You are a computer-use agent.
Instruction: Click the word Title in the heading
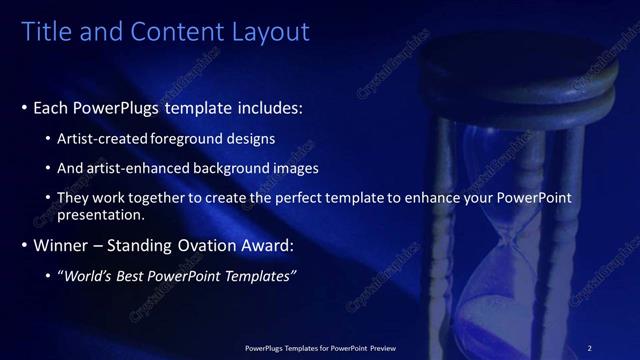click(45, 32)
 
